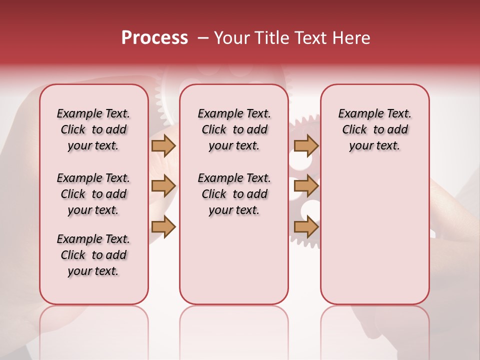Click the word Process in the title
click(154, 38)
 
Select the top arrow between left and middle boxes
click(163, 145)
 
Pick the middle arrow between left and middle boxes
click(163, 186)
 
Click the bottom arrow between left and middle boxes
click(163, 226)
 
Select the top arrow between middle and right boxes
click(306, 145)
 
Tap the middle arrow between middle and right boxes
click(306, 186)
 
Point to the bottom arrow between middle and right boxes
click(306, 226)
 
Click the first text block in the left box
click(93, 129)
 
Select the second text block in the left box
click(93, 194)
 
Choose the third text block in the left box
click(93, 255)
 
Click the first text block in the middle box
click(234, 129)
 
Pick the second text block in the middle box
click(234, 194)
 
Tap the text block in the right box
click(374, 129)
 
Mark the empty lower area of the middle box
click(234, 260)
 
